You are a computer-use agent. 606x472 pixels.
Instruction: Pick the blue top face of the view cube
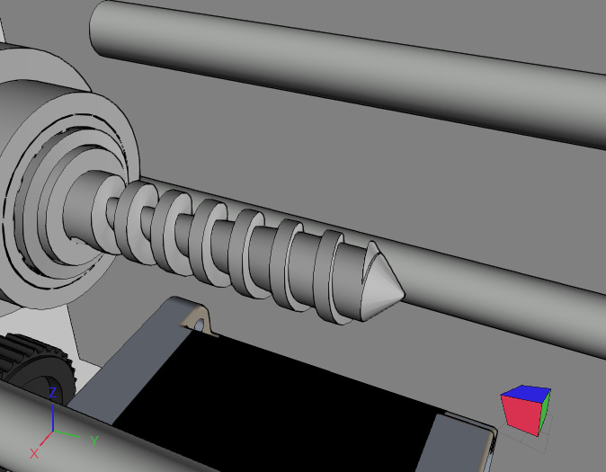528,394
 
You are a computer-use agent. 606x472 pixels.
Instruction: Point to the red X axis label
35,452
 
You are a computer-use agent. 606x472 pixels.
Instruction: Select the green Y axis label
94,441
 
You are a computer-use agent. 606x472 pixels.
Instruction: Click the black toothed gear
22,359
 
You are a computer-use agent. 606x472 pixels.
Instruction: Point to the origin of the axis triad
54,431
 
